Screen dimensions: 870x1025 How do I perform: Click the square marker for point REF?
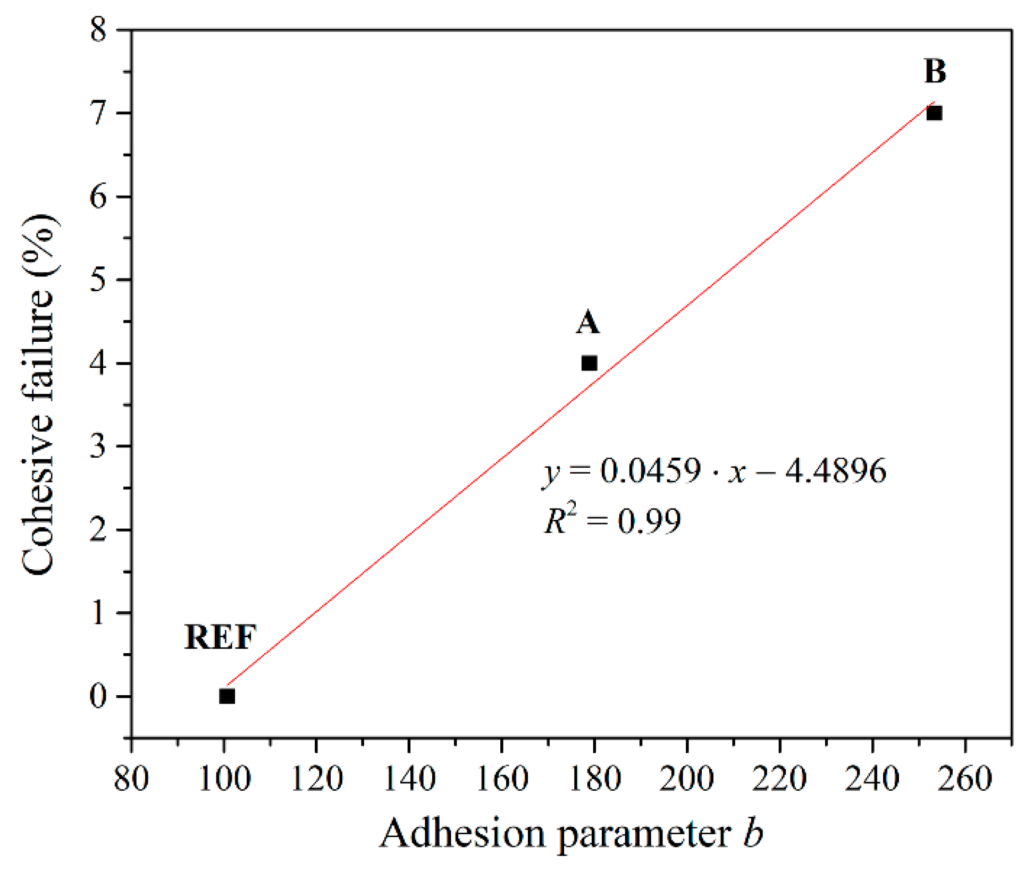click(227, 696)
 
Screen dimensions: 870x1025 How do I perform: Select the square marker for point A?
click(589, 364)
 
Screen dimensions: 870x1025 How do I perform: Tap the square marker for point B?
click(934, 113)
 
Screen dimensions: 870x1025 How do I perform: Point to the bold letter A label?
click(587, 323)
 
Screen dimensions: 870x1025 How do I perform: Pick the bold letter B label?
click(935, 72)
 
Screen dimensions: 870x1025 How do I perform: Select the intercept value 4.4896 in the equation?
click(836, 471)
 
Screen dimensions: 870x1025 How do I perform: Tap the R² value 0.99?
click(649, 521)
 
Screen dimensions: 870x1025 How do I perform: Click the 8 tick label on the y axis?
click(98, 29)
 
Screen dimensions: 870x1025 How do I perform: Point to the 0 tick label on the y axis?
click(98, 696)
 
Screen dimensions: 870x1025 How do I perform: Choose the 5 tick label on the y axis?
click(98, 280)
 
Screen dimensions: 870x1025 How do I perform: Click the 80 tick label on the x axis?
click(131, 779)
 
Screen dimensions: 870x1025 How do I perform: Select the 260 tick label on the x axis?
click(965, 779)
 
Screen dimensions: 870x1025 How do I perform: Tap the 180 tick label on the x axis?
click(594, 779)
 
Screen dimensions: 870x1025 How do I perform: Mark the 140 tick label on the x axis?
click(409, 779)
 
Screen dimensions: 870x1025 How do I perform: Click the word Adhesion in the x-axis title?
click(463, 833)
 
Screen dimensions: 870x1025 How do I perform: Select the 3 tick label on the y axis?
click(98, 446)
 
